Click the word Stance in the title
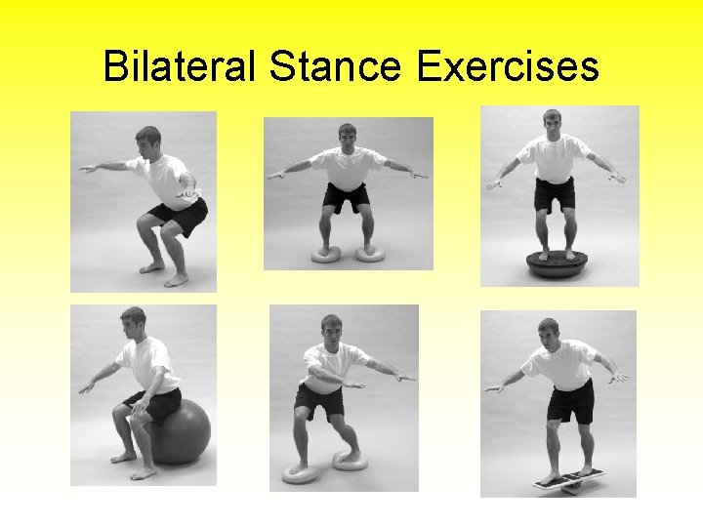pos(333,66)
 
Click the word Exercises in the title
pos(507,66)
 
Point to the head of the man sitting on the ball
pos(132,320)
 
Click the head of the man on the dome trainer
pos(553,121)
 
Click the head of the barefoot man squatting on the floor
pos(148,140)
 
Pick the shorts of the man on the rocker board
pos(570,401)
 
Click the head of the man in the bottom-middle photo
pos(331,329)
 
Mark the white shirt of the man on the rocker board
pos(563,363)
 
